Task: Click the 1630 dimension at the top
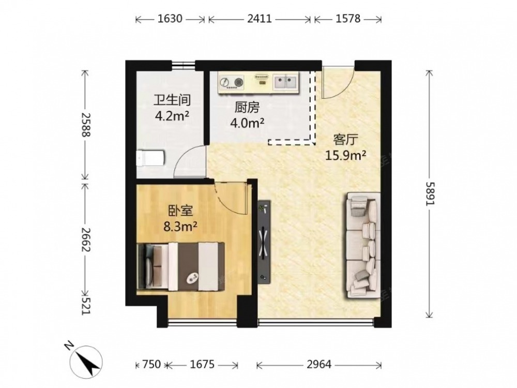(170, 19)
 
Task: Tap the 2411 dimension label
(260, 19)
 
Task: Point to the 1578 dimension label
(348, 19)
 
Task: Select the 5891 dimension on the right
(430, 193)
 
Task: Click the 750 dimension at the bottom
(151, 364)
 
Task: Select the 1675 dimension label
(202, 364)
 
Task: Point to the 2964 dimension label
(319, 364)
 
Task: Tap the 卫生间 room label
(172, 100)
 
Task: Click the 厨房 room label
(247, 107)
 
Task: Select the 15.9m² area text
(345, 155)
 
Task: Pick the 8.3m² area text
(180, 227)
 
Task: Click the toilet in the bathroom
(150, 158)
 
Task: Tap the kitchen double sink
(285, 82)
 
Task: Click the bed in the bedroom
(180, 266)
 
